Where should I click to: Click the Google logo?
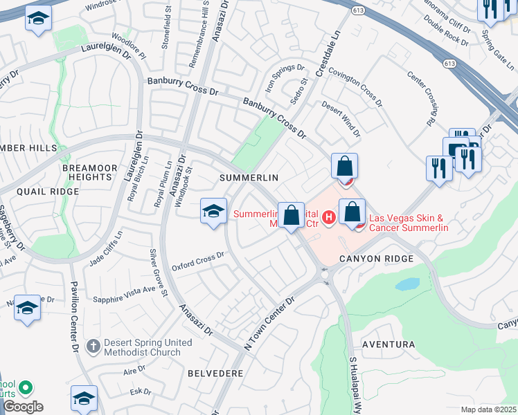23,406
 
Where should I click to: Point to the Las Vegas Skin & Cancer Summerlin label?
409,223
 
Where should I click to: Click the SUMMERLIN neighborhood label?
249,178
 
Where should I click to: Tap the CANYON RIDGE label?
376,258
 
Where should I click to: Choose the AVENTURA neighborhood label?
388,344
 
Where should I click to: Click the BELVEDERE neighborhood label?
215,373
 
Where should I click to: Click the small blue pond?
407,284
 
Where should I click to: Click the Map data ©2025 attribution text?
488,409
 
